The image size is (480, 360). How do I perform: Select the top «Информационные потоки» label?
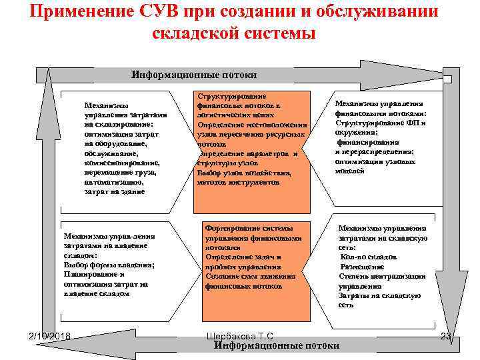tap(193, 75)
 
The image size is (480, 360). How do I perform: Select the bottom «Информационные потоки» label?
tap(277, 345)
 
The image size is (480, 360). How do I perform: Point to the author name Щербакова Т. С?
tap(240, 335)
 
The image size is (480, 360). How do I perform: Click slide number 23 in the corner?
tap(446, 335)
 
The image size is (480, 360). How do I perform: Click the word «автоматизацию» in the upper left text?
tap(113, 181)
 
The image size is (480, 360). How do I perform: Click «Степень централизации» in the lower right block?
tap(382, 276)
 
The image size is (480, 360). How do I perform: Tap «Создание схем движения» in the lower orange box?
tap(250, 276)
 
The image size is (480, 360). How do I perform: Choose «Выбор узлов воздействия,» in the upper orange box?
tap(245, 173)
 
